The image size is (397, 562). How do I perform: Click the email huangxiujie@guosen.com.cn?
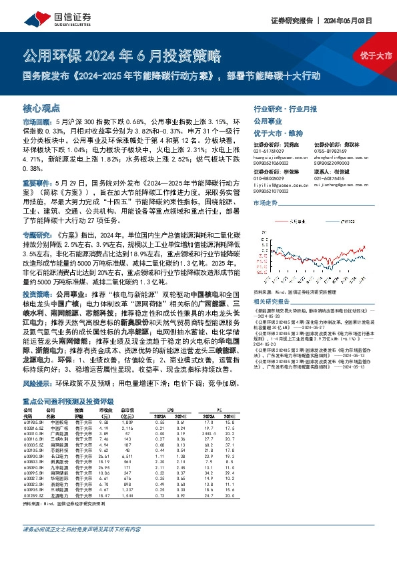[276, 158]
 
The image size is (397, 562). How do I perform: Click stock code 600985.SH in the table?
[33, 423]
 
